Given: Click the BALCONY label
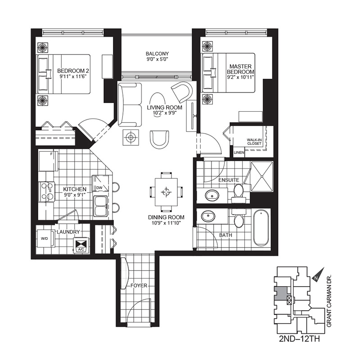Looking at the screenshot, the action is point(157,54).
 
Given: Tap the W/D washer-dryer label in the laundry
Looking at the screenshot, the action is point(44,238).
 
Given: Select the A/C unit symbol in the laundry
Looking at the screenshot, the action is point(81,245).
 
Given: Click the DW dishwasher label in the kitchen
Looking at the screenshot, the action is point(99,188).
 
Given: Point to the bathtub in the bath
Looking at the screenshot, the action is point(261,228).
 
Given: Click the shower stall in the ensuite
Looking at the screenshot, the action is point(262,176).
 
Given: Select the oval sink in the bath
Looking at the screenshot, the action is point(208,216).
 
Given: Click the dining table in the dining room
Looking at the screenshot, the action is point(166,192).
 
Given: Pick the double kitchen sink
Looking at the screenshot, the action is point(100,206).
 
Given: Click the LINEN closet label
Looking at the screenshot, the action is point(239,153).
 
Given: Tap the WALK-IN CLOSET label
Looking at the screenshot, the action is point(254,142).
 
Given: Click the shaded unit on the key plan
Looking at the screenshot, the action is point(281,293).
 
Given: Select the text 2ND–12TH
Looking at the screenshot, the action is point(299,339).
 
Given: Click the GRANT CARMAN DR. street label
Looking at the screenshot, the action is point(329,301).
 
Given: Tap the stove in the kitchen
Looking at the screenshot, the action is point(47,192).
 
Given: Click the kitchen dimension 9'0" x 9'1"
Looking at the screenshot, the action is point(75,195).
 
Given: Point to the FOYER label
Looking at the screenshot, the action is point(139,286).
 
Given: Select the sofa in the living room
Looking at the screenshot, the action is point(130,104).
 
